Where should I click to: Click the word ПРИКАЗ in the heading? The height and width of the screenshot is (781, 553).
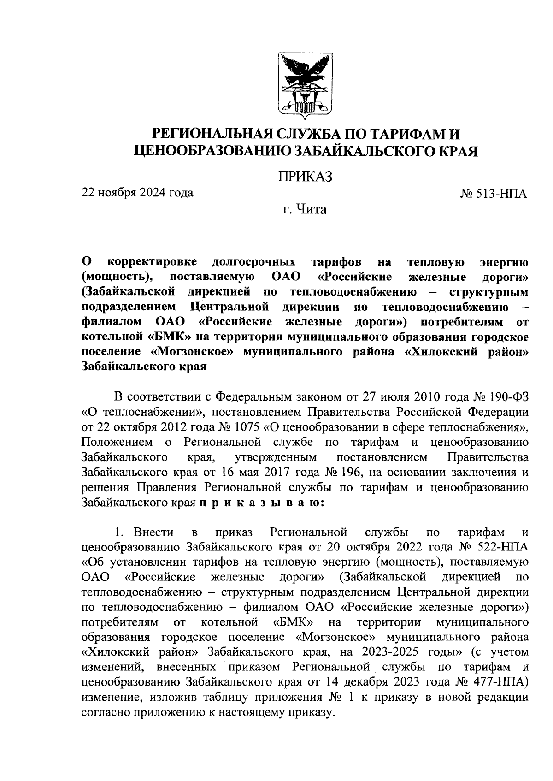[305, 177]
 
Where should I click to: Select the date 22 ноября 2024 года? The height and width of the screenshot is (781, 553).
[137, 193]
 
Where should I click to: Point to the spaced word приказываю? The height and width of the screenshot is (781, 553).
[262, 503]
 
